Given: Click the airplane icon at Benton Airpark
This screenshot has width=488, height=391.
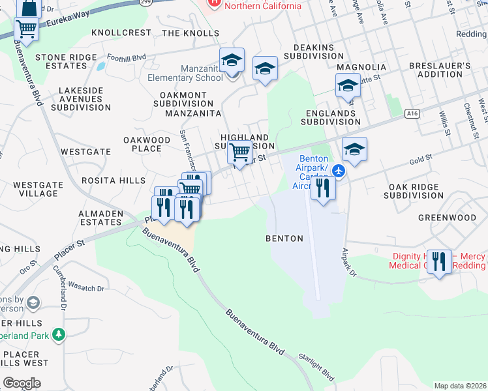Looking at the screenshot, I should coord(338,171).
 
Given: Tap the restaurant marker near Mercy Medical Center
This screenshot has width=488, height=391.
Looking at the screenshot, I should coord(439,262).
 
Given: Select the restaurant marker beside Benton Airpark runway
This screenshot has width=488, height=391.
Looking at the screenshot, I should coord(323,188).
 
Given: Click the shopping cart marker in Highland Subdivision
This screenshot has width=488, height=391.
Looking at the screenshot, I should coord(240,152).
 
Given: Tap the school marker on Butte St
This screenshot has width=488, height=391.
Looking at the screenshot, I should coord(348,85).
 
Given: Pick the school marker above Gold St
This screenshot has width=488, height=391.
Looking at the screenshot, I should coord(354,149).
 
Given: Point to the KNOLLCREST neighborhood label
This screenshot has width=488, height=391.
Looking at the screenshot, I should coord(121,33).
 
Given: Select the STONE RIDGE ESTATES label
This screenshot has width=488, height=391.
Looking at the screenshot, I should coord(66,62).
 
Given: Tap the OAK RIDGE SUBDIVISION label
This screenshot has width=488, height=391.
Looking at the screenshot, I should coord(416,191).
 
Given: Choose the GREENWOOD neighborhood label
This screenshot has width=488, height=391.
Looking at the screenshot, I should coord(447,218).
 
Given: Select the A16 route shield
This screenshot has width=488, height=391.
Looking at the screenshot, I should coord(411,113).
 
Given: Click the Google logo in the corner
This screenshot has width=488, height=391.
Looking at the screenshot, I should coord(22,383).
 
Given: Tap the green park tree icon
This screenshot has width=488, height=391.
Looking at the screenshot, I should coord(59,334).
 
